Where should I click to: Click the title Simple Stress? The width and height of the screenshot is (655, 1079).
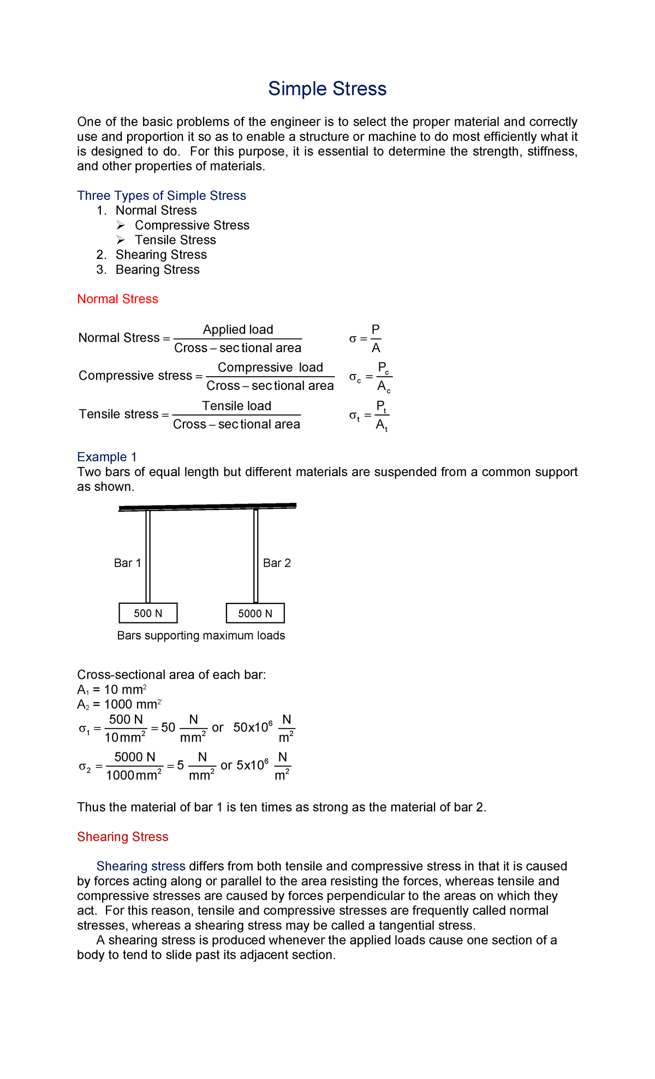(327, 89)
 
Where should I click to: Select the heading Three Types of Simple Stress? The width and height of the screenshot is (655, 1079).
(162, 195)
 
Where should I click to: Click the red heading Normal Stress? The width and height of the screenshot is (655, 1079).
(117, 299)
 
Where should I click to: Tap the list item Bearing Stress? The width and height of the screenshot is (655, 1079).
(157, 269)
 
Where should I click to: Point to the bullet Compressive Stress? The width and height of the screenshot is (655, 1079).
(192, 225)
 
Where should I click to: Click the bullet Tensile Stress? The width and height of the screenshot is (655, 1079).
(175, 240)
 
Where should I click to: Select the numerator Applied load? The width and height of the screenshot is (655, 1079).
(238, 329)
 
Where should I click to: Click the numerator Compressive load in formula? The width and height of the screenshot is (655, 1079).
(270, 367)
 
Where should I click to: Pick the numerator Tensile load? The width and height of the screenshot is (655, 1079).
(236, 406)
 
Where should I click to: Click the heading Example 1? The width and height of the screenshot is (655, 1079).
(107, 456)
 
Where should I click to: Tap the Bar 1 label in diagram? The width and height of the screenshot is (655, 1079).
(127, 563)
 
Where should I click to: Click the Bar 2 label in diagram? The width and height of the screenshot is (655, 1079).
(277, 563)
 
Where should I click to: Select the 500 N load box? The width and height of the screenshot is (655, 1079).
(148, 613)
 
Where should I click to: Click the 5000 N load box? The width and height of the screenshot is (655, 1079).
(255, 613)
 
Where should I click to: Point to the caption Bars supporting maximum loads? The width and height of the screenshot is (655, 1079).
(201, 636)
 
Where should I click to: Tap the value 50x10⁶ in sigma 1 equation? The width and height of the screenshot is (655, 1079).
(253, 727)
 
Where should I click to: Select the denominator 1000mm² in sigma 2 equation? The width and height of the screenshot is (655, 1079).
(134, 775)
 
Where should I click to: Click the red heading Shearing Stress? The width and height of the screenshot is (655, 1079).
(122, 837)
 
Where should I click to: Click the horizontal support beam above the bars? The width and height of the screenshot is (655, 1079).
(207, 507)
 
